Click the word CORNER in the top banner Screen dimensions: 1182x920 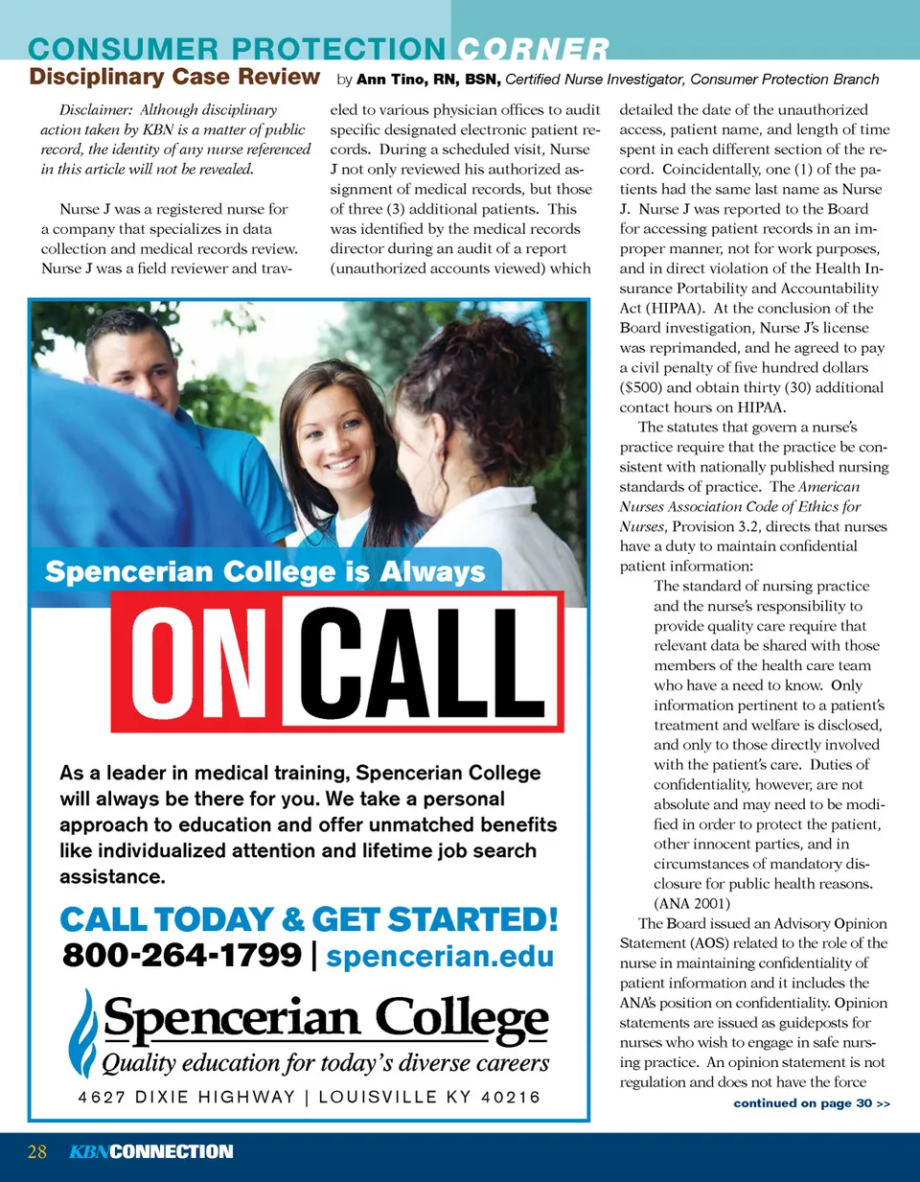coord(533,49)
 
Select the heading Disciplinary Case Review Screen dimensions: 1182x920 coord(174,77)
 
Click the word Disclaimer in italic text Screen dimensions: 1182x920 coord(95,110)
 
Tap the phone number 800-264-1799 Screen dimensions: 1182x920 coord(182,955)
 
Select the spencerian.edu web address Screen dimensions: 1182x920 coord(440,956)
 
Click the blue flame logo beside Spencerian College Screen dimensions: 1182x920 coord(82,1032)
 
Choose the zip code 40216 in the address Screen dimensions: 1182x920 coord(511,1097)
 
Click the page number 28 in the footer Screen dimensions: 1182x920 coord(37,1151)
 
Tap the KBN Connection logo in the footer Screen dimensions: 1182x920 coord(150,1151)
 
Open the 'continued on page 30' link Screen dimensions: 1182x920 coord(811,1103)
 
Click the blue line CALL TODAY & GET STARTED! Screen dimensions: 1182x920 coord(309,919)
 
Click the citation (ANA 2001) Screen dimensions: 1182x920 coord(692,903)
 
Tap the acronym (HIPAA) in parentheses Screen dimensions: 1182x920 coord(678,308)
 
